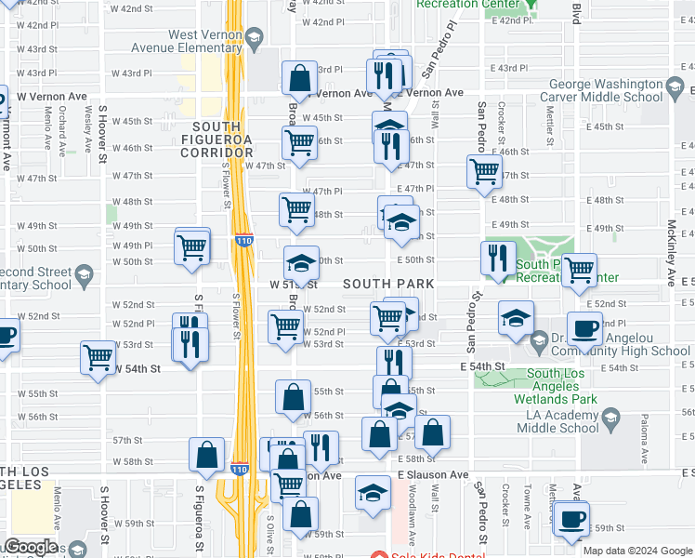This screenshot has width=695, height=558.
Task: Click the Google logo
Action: tap(31, 547)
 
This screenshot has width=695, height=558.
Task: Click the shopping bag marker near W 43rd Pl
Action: tap(299, 79)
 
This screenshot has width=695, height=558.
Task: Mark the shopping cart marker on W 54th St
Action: tap(98, 357)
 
